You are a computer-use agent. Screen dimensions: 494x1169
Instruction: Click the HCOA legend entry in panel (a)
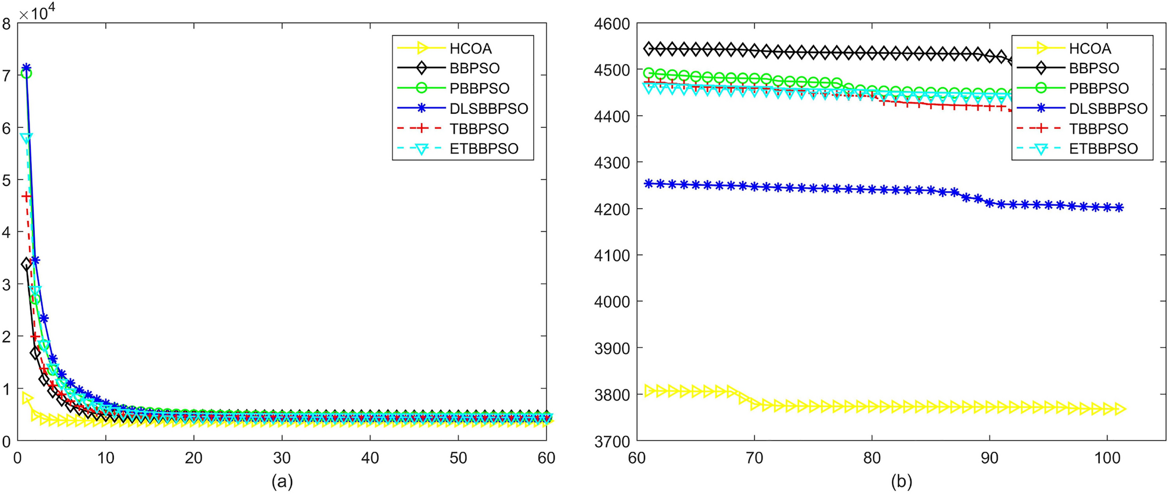click(x=470, y=48)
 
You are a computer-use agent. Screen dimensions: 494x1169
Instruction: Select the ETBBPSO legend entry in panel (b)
click(x=1103, y=149)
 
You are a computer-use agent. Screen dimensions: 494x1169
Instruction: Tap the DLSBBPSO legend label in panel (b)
click(x=1108, y=109)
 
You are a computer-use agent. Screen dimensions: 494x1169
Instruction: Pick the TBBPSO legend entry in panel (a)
click(x=479, y=128)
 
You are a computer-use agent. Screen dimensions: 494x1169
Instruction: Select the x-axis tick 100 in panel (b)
click(x=1107, y=458)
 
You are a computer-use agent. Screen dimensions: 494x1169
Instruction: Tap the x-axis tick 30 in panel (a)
click(x=282, y=458)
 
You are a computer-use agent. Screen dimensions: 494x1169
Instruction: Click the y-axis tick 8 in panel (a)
click(x=6, y=24)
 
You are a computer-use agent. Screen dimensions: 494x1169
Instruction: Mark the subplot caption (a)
click(x=282, y=481)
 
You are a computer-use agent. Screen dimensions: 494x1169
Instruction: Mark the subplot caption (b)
click(x=901, y=481)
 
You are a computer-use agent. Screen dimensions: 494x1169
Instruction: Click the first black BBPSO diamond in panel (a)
click(x=26, y=264)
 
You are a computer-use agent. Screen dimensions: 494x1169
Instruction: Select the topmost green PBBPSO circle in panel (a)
click(x=26, y=74)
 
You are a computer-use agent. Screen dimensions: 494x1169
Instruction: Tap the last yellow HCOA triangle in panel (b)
click(x=1120, y=409)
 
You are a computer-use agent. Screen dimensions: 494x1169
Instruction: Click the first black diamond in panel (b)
click(x=649, y=48)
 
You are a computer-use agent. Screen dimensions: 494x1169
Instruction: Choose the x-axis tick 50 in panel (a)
click(x=458, y=458)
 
